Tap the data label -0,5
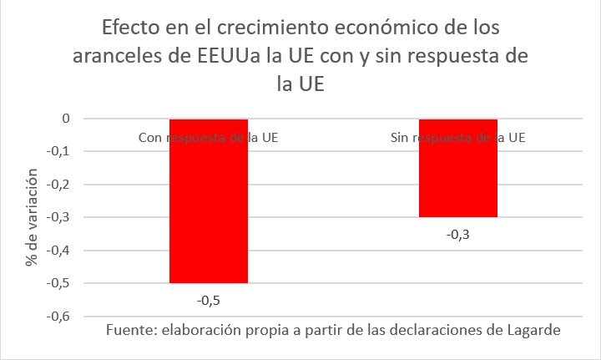(209, 298)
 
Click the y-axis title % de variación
(32, 217)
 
